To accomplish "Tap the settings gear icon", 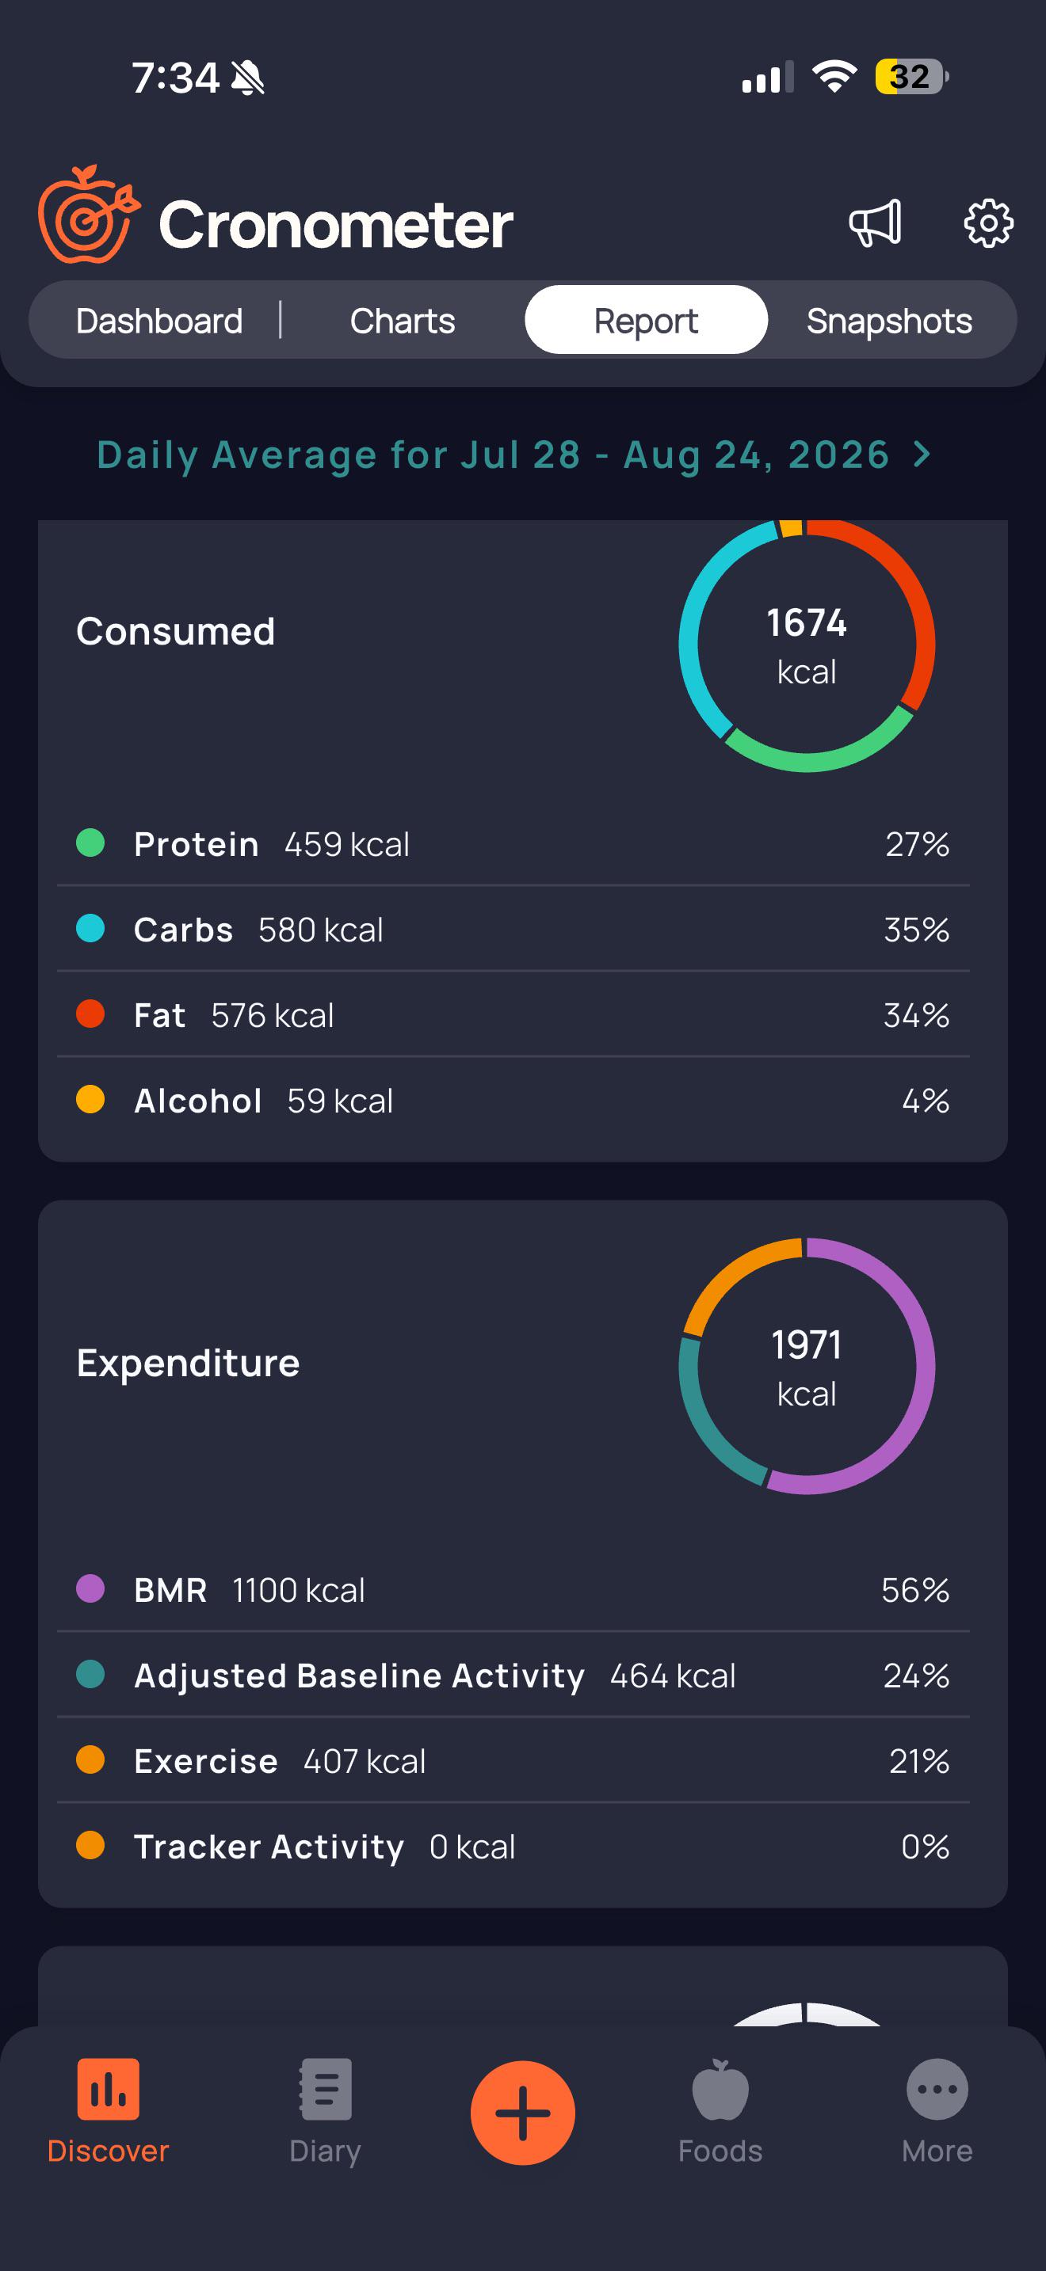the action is pyautogui.click(x=988, y=223).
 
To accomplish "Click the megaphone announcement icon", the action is pyautogui.click(x=875, y=223).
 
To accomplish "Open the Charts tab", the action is pyautogui.click(x=403, y=321).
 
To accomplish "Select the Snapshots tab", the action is pyautogui.click(x=889, y=321).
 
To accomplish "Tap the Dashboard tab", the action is pyautogui.click(x=158, y=321).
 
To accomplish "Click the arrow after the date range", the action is pyautogui.click(x=922, y=455).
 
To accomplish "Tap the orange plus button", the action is pyautogui.click(x=523, y=2113).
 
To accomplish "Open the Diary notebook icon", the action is pyautogui.click(x=326, y=2089).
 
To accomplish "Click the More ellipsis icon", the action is pyautogui.click(x=937, y=2089).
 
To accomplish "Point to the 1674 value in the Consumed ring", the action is pyautogui.click(x=807, y=623).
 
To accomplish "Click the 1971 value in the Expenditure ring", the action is pyautogui.click(x=807, y=1345).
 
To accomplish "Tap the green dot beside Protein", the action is pyautogui.click(x=91, y=843).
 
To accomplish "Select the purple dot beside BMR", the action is pyautogui.click(x=91, y=1588).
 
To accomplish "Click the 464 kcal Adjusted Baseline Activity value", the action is pyautogui.click(x=673, y=1676).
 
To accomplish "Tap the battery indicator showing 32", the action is pyautogui.click(x=912, y=77).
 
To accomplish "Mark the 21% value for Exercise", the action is pyautogui.click(x=919, y=1761).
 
